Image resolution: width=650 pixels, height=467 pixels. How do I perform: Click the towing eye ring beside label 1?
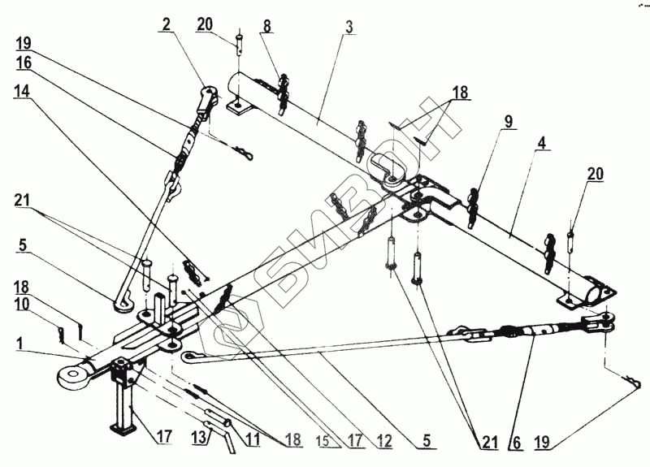[x=71, y=374]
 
